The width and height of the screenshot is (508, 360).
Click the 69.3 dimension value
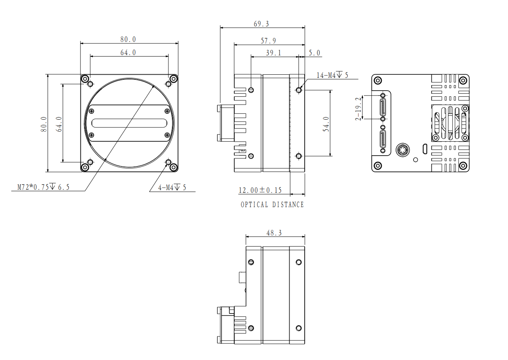point(261,24)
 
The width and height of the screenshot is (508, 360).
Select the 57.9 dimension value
point(268,41)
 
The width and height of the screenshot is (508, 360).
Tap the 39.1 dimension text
point(273,53)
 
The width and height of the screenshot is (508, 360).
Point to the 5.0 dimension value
point(314,53)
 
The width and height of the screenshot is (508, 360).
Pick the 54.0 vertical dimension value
point(326,124)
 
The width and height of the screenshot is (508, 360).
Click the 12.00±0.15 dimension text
point(260,190)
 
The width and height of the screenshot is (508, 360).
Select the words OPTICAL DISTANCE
point(272,205)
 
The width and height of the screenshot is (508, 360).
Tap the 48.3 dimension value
point(274,233)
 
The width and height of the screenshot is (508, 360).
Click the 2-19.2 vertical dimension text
point(358,109)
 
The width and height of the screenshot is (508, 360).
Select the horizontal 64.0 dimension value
point(128,53)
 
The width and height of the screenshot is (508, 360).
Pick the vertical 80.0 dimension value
point(44,124)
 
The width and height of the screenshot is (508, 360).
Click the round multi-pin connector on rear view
point(403,150)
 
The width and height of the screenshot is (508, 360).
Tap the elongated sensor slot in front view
point(129,123)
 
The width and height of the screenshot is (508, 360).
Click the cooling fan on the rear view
point(450,123)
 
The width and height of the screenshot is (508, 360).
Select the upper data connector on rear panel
point(383,107)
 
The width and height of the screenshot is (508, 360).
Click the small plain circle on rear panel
point(415,160)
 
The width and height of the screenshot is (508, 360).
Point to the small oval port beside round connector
point(425,149)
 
